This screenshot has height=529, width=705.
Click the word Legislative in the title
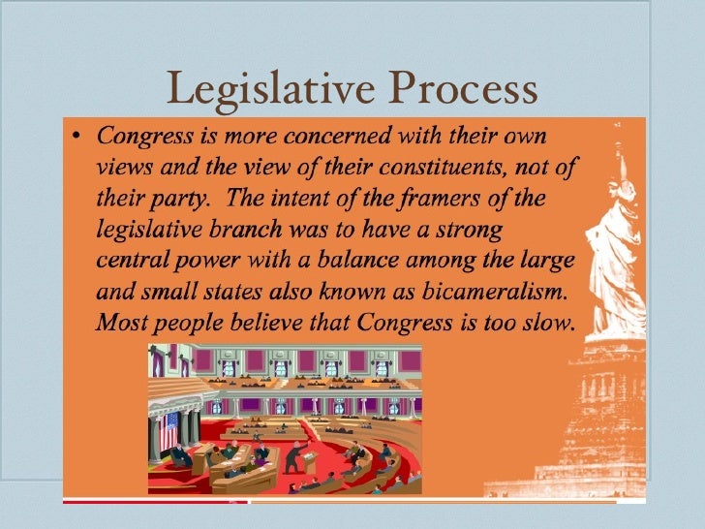[x=272, y=90]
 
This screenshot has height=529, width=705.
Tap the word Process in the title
[x=462, y=90]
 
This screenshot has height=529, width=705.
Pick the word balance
[x=387, y=261]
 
